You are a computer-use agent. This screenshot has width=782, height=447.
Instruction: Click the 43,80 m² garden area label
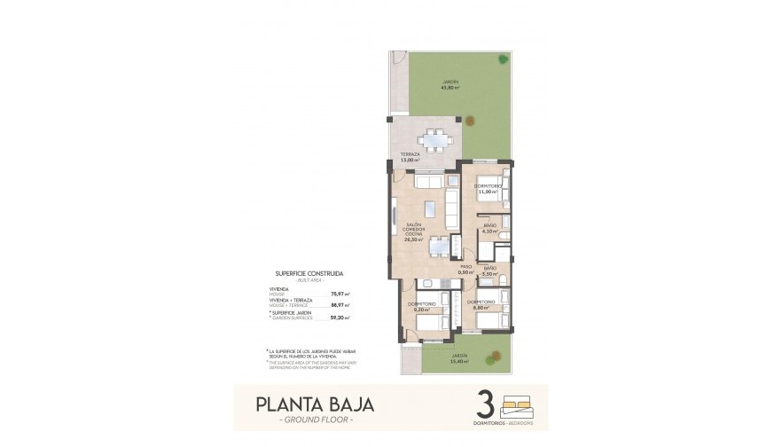451,87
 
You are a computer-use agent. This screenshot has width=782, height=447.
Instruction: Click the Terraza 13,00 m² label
409,158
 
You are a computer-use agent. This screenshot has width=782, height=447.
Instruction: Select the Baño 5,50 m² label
489,271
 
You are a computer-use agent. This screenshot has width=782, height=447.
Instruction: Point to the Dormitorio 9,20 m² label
420,307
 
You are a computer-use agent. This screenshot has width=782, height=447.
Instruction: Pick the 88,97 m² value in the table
339,304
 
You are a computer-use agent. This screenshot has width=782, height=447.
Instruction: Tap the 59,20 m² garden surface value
339,317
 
